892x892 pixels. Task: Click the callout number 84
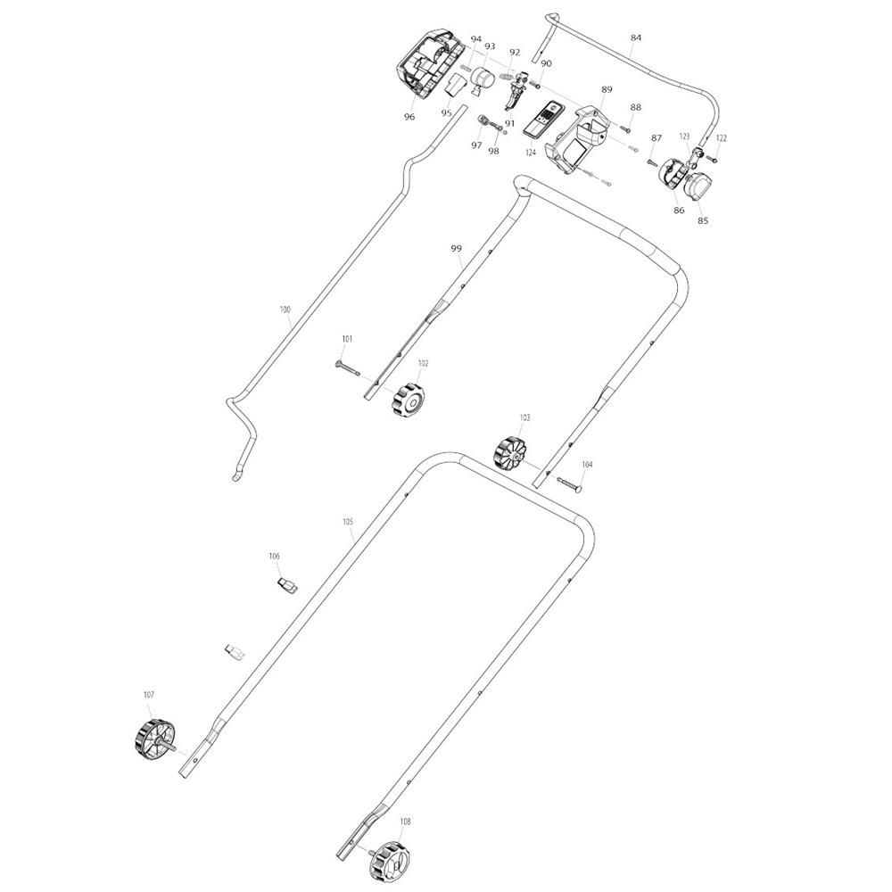coord(636,37)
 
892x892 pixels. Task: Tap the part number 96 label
coord(409,117)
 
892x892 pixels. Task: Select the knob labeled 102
coord(408,399)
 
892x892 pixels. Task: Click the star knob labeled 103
coord(509,453)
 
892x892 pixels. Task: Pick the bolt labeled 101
coord(347,368)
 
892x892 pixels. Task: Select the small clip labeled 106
coord(288,585)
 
